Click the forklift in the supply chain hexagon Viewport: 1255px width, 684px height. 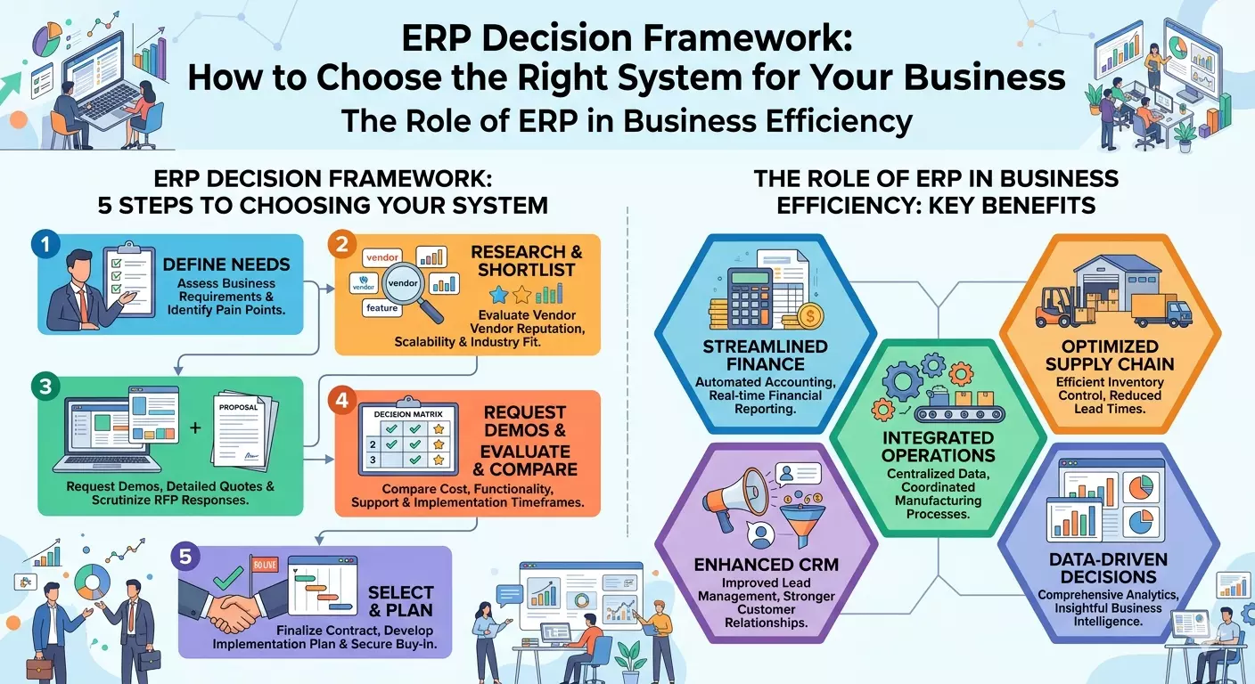tap(1055, 308)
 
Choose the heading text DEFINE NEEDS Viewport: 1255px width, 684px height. tap(226, 265)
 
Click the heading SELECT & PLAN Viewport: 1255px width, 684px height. tap(400, 601)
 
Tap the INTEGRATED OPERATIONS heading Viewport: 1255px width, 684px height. tap(938, 446)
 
